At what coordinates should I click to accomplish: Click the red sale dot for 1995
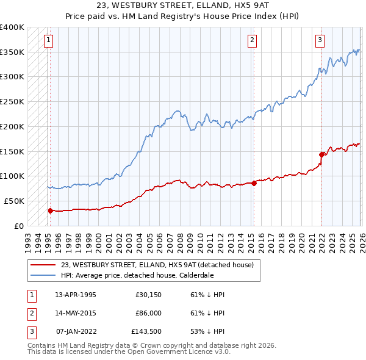pyautogui.click(x=50, y=211)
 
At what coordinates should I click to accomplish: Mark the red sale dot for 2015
pyautogui.click(x=254, y=183)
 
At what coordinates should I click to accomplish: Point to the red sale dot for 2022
pyautogui.click(x=321, y=154)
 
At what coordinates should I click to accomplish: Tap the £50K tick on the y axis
pyautogui.click(x=15, y=201)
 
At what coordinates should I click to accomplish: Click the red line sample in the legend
pyautogui.click(x=43, y=264)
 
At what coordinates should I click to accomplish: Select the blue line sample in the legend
pyautogui.click(x=43, y=275)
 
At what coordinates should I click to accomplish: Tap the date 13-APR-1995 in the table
pyautogui.click(x=76, y=295)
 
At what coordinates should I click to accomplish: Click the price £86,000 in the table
pyautogui.click(x=148, y=314)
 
